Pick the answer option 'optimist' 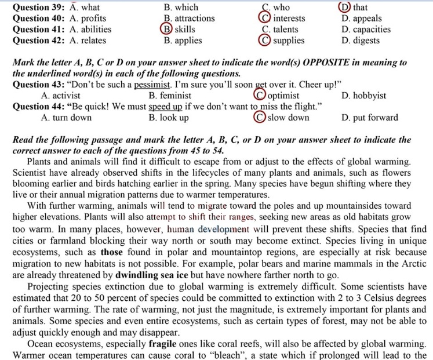coord(283,96)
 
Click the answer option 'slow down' coord(288,118)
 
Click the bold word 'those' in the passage coord(112,253)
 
